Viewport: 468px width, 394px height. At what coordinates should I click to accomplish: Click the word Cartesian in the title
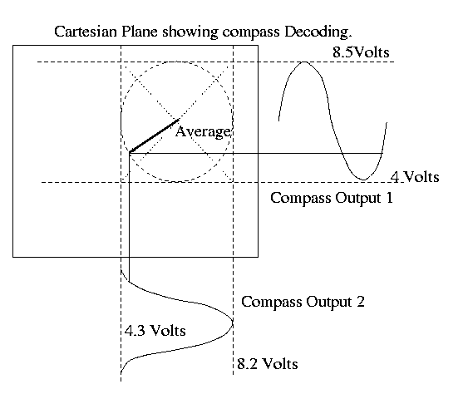[x=86, y=32]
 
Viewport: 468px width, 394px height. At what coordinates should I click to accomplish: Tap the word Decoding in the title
[x=318, y=32]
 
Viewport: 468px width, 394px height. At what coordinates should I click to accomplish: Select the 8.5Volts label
[x=361, y=52]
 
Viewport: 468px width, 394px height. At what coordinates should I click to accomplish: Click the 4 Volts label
[x=415, y=177]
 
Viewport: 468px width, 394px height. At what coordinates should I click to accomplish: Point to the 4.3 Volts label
[x=155, y=331]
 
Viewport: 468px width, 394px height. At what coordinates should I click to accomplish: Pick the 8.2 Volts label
[x=268, y=364]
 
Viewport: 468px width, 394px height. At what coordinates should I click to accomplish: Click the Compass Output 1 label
[x=332, y=198]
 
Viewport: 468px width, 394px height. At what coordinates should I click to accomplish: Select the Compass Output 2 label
[x=303, y=302]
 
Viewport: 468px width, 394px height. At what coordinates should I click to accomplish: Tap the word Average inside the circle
[x=203, y=132]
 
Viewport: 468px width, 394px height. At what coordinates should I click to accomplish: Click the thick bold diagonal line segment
[x=154, y=136]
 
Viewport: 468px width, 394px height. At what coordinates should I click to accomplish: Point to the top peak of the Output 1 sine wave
[x=304, y=62]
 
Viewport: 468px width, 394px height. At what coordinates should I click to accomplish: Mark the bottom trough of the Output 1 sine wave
[x=363, y=180]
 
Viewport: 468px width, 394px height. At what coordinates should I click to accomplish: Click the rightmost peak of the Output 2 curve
[x=233, y=323]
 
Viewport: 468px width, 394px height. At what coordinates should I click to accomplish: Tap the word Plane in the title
[x=140, y=32]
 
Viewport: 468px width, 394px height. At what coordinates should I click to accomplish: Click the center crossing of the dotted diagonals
[x=177, y=121]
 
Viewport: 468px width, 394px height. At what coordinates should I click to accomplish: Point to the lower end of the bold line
[x=130, y=153]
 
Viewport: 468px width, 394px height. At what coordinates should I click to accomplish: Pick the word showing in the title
[x=190, y=32]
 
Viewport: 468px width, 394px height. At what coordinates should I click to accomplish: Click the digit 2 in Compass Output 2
[x=361, y=302]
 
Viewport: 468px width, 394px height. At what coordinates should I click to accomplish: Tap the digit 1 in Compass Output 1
[x=389, y=198]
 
